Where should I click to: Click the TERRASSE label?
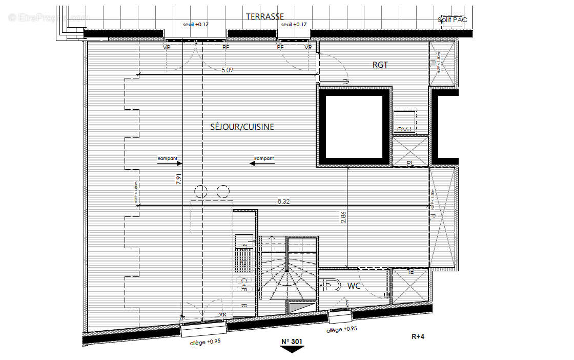[264, 16]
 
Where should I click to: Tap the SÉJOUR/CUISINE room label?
[241, 127]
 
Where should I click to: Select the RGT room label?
[380, 65]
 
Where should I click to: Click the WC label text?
[354, 286]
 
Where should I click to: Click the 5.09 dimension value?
[227, 71]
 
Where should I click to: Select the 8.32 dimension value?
[283, 202]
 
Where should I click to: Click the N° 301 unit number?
[292, 341]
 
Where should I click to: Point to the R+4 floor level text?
[418, 336]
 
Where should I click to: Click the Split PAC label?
[453, 20]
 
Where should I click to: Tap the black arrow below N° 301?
[292, 349]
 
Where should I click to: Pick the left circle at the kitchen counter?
[200, 192]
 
